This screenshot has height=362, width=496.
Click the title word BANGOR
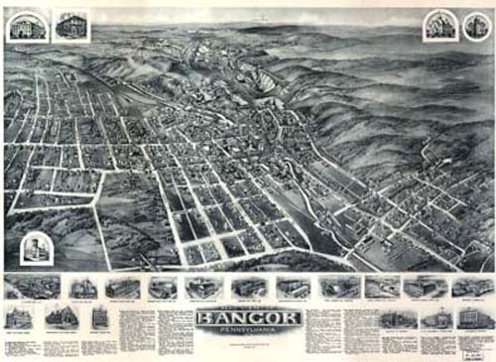coord(248,317)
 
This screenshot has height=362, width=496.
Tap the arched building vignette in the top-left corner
coord(21,27)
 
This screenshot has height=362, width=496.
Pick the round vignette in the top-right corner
coord(474,26)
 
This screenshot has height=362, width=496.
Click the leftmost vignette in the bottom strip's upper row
coord(21,288)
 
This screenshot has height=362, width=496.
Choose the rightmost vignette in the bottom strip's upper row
coord(473,288)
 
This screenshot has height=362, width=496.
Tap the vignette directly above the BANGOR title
coord(248,288)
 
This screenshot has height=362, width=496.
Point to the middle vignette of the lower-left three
coord(61,318)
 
